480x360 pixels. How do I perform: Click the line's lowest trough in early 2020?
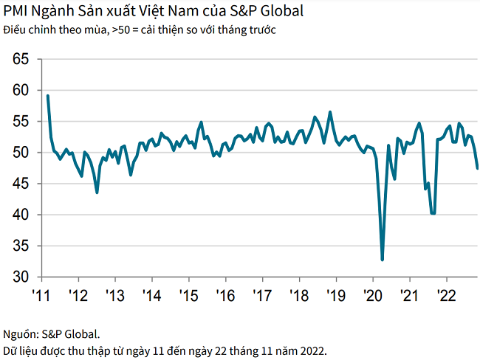(383, 260)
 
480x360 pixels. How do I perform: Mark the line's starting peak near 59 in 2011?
(47, 95)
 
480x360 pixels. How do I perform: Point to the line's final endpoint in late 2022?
(477, 168)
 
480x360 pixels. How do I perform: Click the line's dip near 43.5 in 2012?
(97, 193)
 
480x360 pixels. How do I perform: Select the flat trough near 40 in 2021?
(433, 213)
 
